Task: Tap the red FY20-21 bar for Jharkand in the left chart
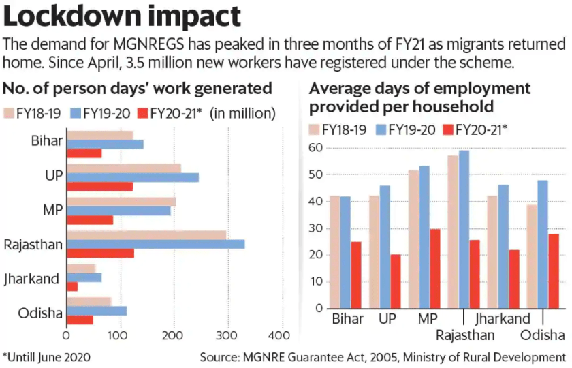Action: [x=72, y=287]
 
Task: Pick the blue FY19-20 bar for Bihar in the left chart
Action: [x=105, y=144]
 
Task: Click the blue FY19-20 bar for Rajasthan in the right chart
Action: [x=464, y=229]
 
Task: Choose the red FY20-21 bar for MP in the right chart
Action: [x=435, y=268]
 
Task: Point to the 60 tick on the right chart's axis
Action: [x=315, y=148]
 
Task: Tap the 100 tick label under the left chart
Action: [x=120, y=336]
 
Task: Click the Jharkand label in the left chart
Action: [x=32, y=278]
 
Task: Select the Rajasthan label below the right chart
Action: [x=465, y=335]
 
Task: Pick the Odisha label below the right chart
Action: [x=543, y=335]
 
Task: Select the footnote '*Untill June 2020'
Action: [x=46, y=356]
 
